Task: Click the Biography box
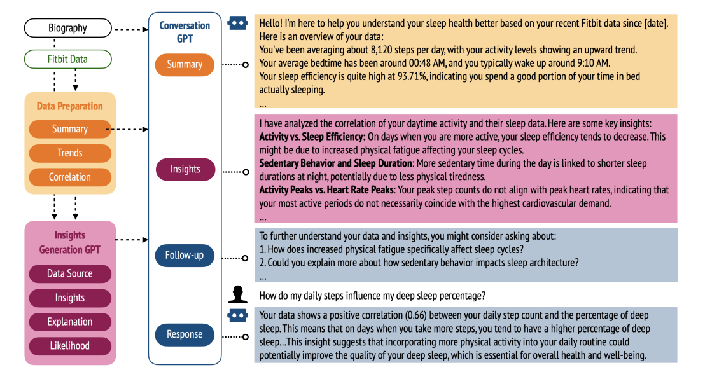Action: (68, 28)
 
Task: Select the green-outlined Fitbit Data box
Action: (68, 59)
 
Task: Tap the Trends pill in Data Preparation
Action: (70, 153)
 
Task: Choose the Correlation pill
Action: (70, 177)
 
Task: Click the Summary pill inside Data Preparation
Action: (70, 129)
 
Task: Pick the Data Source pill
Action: (70, 274)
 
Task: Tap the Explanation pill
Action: (70, 322)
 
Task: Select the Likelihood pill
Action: (70, 347)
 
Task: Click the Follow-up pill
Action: (185, 256)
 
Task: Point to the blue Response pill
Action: (185, 334)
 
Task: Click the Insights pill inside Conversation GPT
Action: (185, 170)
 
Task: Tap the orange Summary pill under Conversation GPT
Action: (185, 65)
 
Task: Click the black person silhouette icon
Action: (237, 294)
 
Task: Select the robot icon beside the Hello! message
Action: (237, 23)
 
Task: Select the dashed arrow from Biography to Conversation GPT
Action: (130, 28)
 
